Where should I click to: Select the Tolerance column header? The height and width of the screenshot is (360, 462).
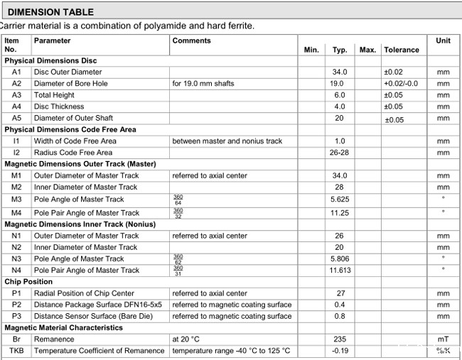pos(402,50)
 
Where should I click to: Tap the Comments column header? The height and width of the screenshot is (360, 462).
pos(191,40)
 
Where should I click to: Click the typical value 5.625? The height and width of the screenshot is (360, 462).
pos(339,200)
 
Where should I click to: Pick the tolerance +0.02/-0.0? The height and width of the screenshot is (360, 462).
pos(402,84)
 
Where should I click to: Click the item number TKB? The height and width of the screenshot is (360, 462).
pos(16,351)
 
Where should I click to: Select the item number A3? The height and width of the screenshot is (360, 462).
pos(16,95)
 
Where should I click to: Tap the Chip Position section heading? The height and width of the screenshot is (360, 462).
pos(28,282)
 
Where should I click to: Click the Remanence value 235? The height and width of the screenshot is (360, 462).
pos(339,339)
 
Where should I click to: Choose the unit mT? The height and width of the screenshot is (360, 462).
pos(443,339)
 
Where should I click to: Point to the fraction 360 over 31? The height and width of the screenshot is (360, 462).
pos(178,270)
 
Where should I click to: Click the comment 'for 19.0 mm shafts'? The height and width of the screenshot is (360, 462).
pos(205,84)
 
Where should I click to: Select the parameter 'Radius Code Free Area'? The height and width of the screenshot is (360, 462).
pos(73,153)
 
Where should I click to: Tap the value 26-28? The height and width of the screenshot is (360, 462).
pos(339,153)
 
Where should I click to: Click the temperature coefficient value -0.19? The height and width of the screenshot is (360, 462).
pos(339,351)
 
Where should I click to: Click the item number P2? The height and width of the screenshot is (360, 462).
pos(16,305)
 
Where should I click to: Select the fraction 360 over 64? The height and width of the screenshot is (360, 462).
pos(178,200)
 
